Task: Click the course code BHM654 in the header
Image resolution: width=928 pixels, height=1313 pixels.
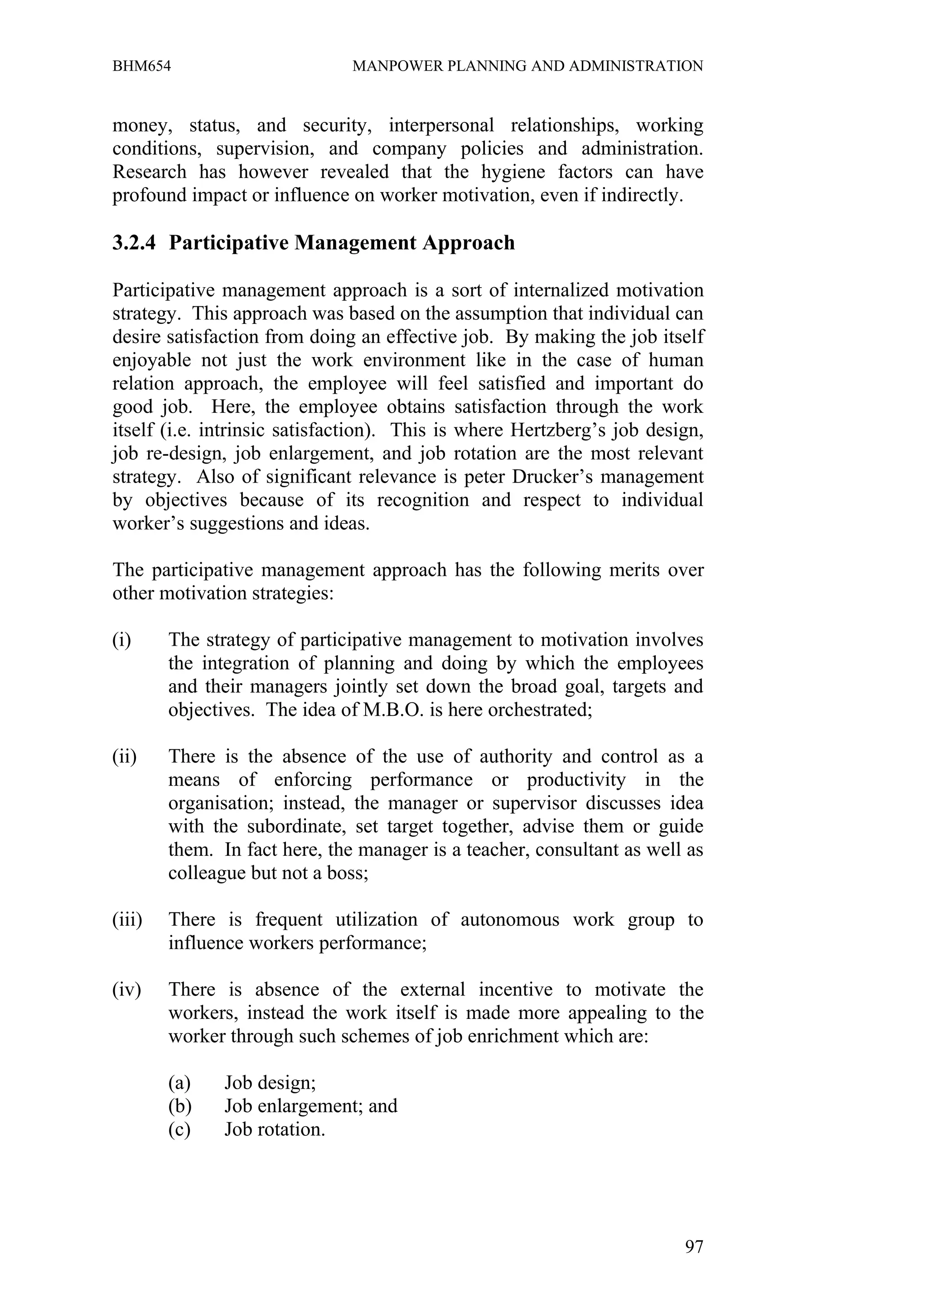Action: [141, 66]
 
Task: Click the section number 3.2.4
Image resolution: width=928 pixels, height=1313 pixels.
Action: [134, 243]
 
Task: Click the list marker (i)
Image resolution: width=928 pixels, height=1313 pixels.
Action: [122, 641]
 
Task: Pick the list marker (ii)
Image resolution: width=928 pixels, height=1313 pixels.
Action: [124, 757]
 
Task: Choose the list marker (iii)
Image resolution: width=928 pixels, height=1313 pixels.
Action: [127, 920]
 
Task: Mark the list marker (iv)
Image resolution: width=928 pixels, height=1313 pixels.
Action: [126, 990]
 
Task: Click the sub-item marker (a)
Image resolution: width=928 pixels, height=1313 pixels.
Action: [179, 1083]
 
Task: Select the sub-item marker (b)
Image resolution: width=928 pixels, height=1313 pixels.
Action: [179, 1106]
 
